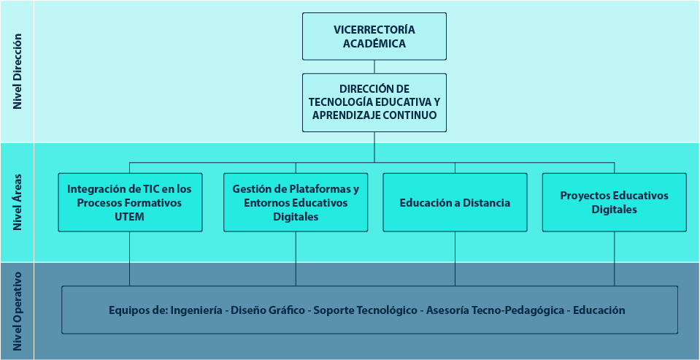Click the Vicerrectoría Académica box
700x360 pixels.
(x=374, y=37)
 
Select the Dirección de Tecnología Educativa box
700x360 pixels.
(x=374, y=102)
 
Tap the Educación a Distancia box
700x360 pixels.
(x=455, y=202)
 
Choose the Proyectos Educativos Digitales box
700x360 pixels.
(x=615, y=202)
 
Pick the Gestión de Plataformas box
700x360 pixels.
(x=296, y=202)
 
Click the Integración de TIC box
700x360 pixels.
(x=130, y=202)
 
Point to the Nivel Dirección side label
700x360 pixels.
(x=18, y=72)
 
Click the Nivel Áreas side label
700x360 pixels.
(x=18, y=202)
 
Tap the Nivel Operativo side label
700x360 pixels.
(x=18, y=311)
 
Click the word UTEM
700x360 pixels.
(x=129, y=217)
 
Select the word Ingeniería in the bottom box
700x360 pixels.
(x=196, y=310)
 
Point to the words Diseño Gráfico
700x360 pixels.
(x=267, y=310)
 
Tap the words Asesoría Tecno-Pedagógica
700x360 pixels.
(x=495, y=310)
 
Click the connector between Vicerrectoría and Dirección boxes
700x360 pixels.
(x=374, y=66)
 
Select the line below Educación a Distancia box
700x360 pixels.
(x=455, y=258)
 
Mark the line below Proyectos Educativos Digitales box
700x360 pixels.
(x=615, y=258)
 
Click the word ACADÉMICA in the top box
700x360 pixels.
(x=374, y=44)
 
